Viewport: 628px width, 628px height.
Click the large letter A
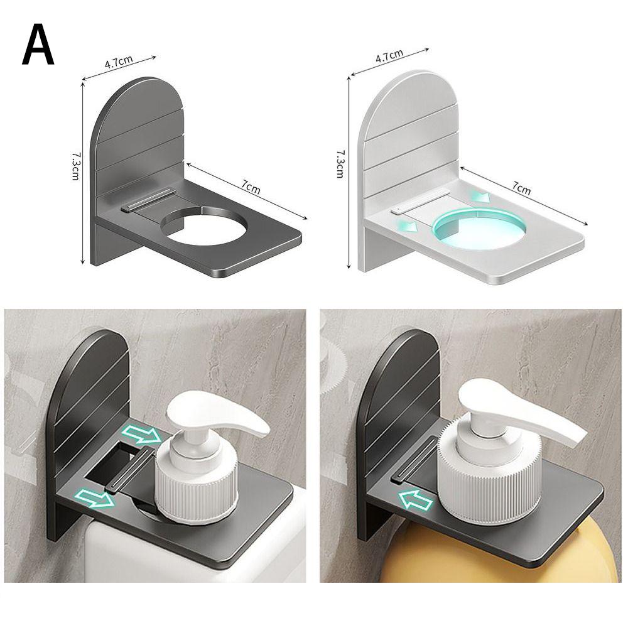point(38,45)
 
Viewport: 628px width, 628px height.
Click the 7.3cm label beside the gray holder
point(75,166)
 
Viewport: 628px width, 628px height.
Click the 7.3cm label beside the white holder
point(340,163)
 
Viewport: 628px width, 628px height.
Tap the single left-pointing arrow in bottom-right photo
point(416,501)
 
